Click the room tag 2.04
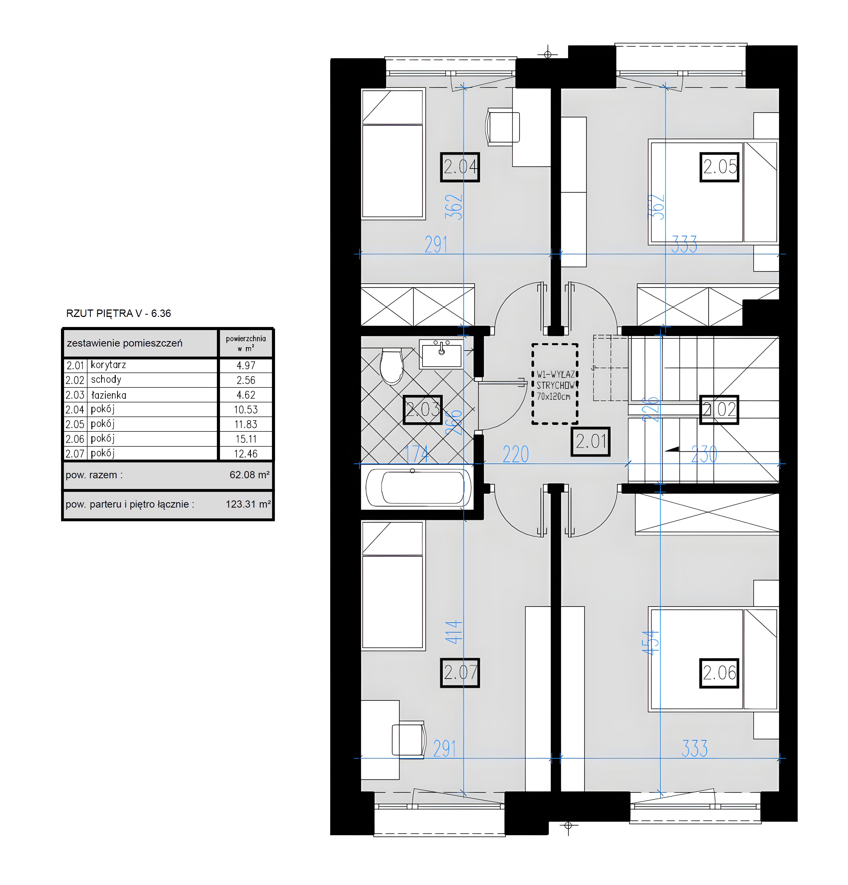pos(460,167)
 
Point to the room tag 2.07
pos(460,673)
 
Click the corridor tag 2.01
pos(590,441)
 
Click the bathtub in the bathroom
pos(418,488)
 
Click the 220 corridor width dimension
pos(515,454)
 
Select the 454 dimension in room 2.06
pos(651,643)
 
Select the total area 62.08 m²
pos(249,475)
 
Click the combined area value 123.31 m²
pos(248,504)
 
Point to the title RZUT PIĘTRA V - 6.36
pos(118,313)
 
